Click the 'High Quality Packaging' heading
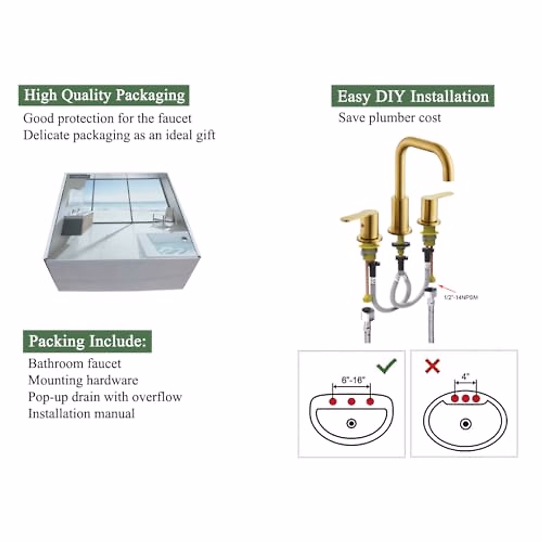[104, 95]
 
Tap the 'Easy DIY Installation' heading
[413, 96]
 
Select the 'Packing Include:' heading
[87, 341]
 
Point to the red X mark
[432, 365]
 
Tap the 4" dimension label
[466, 376]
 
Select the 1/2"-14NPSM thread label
[461, 297]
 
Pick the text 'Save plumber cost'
[389, 118]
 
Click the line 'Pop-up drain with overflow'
[105, 397]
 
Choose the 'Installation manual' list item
[81, 414]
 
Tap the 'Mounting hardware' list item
[83, 380]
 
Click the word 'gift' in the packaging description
[205, 135]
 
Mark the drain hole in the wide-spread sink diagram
[351, 423]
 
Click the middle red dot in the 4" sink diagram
[466, 398]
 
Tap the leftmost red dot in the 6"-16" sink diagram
[333, 402]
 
